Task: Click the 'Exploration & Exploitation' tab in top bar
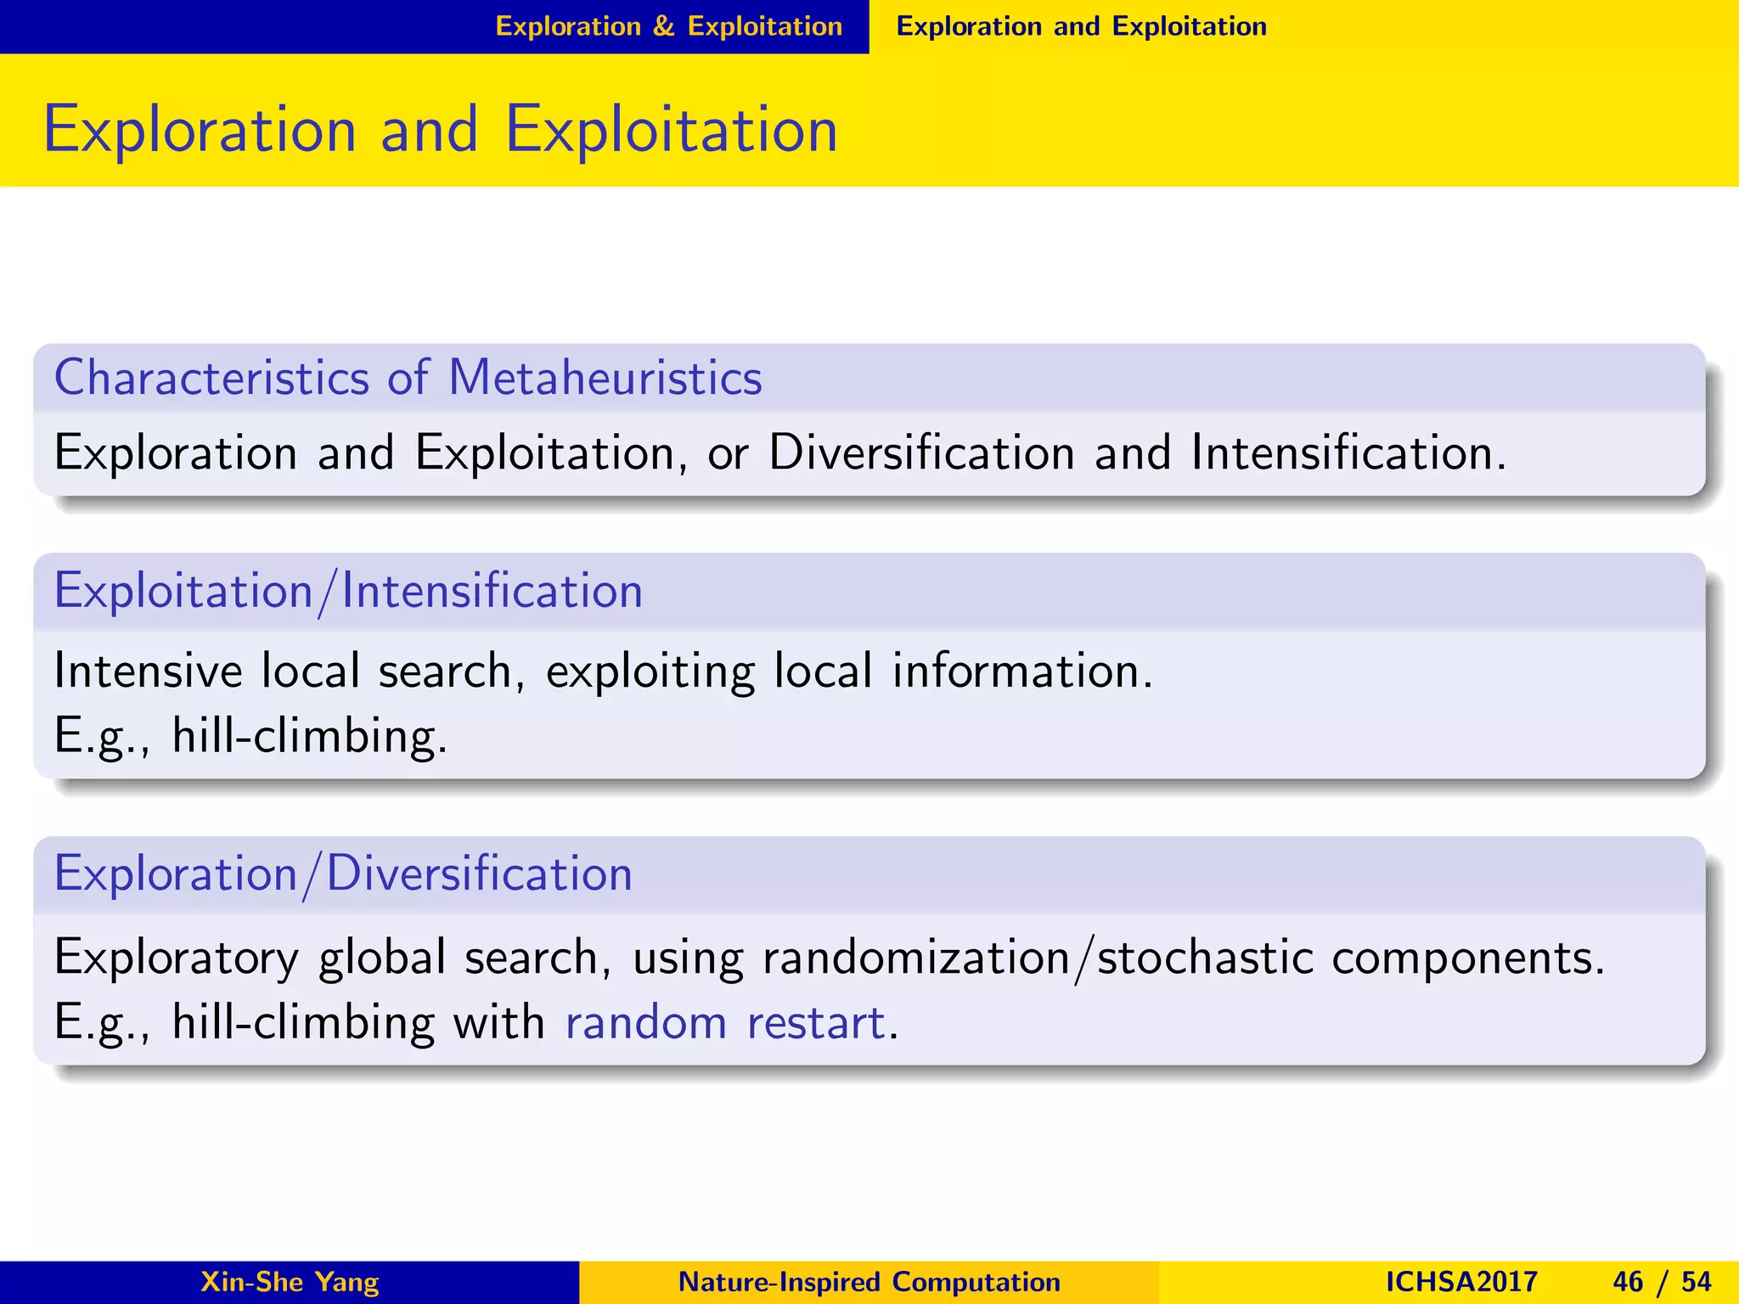[668, 26]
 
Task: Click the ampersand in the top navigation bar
[663, 26]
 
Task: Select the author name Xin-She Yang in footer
[290, 1281]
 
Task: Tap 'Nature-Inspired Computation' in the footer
[869, 1281]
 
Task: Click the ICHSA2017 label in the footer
[1460, 1281]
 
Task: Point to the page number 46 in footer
[1628, 1281]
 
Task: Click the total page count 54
[1696, 1281]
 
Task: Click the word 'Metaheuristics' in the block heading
[605, 377]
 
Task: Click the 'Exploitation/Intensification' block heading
[348, 591]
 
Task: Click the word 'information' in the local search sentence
[1021, 671]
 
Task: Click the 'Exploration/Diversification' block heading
[343, 874]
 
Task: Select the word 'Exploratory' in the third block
[176, 958]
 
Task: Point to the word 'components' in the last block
[1467, 958]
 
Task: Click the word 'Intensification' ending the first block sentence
[1342, 452]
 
